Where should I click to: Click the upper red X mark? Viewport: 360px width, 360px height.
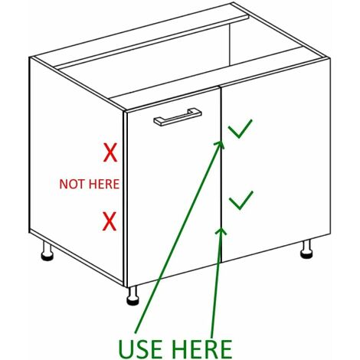pyautogui.click(x=110, y=152)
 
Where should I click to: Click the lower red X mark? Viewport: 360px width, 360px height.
pyautogui.click(x=110, y=221)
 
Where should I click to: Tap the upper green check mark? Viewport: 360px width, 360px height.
pyautogui.click(x=240, y=129)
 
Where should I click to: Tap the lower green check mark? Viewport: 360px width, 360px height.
pyautogui.click(x=241, y=201)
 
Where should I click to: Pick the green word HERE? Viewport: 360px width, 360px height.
pyautogui.click(x=203, y=349)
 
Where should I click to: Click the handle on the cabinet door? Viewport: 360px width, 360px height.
pyautogui.click(x=178, y=117)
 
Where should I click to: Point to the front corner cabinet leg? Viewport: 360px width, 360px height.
pyautogui.click(x=133, y=296)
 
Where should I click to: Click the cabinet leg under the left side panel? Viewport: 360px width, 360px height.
pyautogui.click(x=47, y=251)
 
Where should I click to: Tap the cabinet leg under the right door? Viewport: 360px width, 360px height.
pyautogui.click(x=306, y=250)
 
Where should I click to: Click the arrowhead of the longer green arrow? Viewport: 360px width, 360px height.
pyautogui.click(x=220, y=144)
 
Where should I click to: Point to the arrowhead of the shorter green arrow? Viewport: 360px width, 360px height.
pyautogui.click(x=221, y=231)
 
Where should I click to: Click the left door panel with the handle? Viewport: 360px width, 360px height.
pyautogui.click(x=174, y=187)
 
